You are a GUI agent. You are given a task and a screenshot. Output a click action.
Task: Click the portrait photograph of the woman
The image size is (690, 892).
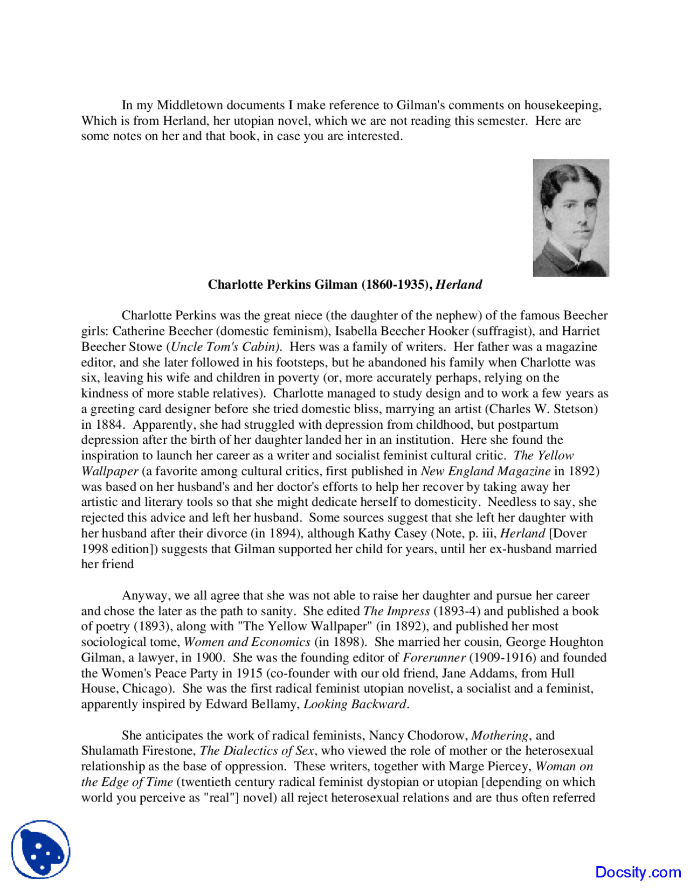570,217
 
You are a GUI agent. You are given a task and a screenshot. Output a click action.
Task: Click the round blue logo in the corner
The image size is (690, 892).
41,849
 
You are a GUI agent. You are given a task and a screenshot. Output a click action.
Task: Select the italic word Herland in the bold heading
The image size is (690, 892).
459,284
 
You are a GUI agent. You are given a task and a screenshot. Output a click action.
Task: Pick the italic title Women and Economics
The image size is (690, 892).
247,642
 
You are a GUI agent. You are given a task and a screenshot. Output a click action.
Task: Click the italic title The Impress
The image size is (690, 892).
396,611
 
